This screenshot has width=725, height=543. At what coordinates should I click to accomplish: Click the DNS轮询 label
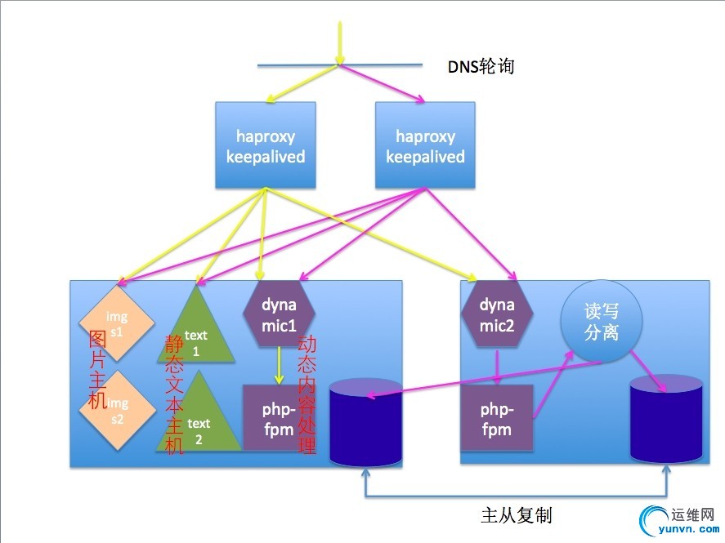tap(481, 66)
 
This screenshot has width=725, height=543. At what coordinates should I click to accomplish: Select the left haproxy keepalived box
tap(266, 145)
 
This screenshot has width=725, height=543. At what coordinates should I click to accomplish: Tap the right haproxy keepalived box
tap(425, 145)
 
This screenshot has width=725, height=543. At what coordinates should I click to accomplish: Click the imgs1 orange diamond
tap(117, 323)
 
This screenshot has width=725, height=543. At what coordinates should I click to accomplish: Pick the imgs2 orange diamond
tap(117, 411)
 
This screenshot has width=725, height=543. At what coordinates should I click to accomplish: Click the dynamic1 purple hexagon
tap(279, 314)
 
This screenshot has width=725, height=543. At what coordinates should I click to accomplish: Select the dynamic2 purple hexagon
tap(497, 314)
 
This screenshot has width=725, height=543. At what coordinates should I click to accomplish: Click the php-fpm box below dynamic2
tap(497, 418)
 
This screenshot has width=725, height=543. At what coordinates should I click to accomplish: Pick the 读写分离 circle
tap(601, 322)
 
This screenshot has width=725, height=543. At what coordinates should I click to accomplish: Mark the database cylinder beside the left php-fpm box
tap(365, 422)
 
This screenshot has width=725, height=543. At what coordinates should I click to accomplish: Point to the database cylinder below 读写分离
tap(666, 419)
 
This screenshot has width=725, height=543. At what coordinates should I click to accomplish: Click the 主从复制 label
tap(517, 515)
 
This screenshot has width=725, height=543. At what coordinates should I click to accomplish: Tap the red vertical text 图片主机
tap(97, 370)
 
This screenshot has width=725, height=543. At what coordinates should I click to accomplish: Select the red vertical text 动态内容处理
tap(307, 394)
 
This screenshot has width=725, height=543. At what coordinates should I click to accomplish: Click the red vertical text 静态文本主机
tap(174, 394)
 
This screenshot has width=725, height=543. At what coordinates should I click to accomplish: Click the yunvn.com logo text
tap(688, 529)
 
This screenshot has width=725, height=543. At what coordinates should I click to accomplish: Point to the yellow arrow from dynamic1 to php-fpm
tap(279, 366)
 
